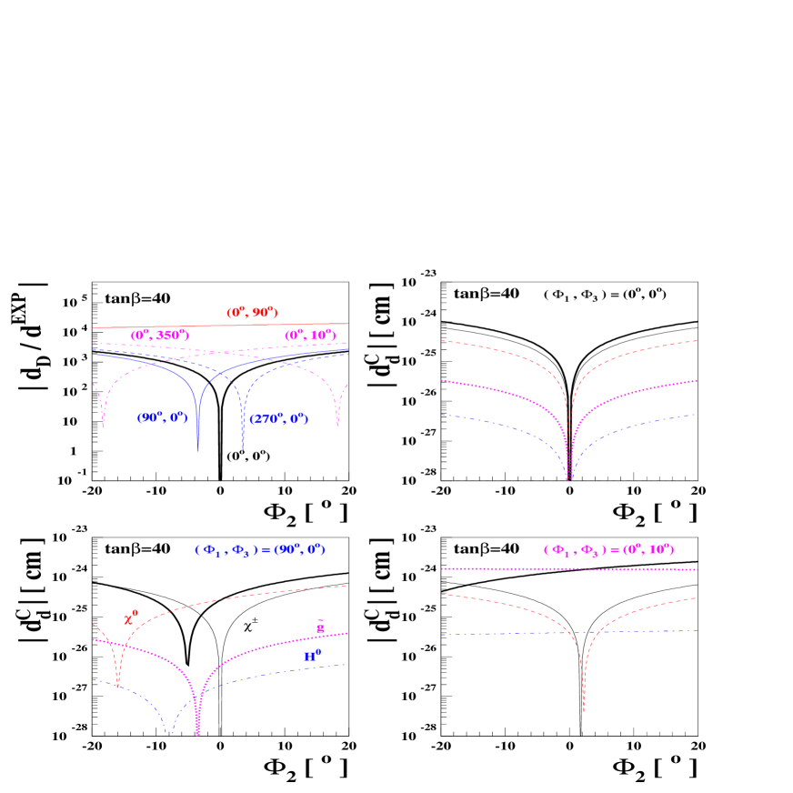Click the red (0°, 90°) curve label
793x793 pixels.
click(252, 313)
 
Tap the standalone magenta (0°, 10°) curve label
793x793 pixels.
click(310, 336)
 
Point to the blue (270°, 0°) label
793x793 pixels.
click(278, 419)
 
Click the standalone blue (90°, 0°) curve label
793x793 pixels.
click(162, 417)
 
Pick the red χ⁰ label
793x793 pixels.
click(130, 618)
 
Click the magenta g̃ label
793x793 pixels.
click(320, 627)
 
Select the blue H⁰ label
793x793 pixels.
click(312, 655)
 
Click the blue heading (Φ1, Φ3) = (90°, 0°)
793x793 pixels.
click(259, 550)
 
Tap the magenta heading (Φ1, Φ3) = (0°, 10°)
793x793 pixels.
click(608, 550)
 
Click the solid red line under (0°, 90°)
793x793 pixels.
click(218, 326)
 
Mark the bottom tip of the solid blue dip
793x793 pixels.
click(198, 449)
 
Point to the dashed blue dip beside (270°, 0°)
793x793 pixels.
click(243, 446)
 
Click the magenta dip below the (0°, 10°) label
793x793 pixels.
click(338, 424)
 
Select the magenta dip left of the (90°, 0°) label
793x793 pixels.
click(103, 424)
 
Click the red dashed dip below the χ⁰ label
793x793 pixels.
click(118, 684)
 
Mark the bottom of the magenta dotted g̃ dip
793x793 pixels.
click(197, 732)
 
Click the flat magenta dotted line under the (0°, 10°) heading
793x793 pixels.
click(509, 569)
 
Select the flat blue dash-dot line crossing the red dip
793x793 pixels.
click(509, 634)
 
